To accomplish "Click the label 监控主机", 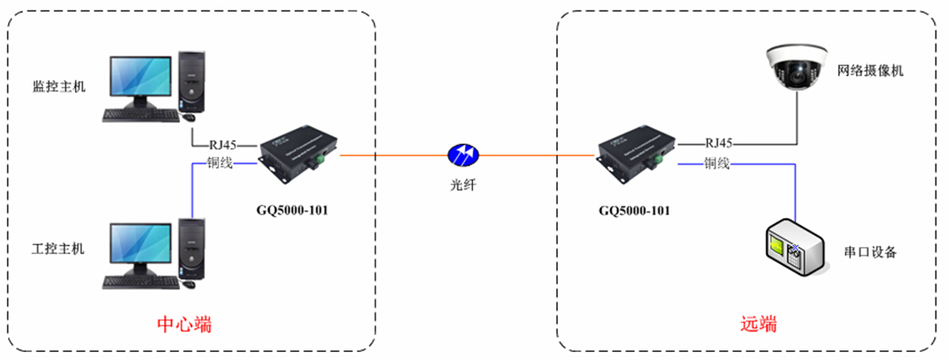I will (x=57, y=84).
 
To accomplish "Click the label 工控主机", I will (x=57, y=248).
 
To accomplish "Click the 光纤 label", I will (x=462, y=185).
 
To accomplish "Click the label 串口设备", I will (x=870, y=252).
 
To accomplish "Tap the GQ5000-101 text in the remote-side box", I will (x=634, y=211).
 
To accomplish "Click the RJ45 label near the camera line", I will (x=719, y=144).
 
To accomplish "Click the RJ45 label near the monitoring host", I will (x=224, y=146).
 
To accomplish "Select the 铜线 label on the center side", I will (x=221, y=165).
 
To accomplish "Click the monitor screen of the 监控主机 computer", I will (x=139, y=82).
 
